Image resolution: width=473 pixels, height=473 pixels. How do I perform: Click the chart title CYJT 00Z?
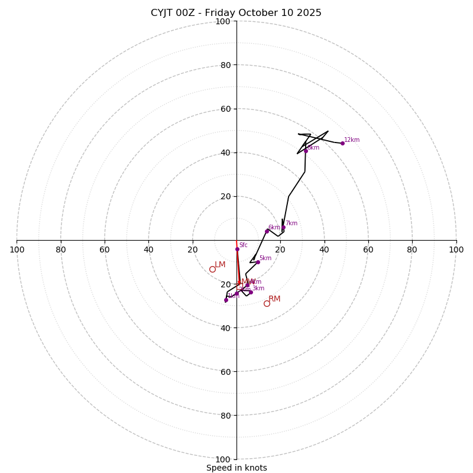pos(236,13)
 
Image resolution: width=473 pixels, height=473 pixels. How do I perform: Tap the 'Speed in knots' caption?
pos(237,468)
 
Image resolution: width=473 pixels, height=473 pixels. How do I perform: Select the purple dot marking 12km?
pos(342,143)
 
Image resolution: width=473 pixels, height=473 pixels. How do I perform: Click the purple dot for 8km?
pos(306,151)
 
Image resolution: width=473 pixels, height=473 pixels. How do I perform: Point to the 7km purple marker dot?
pos(283,227)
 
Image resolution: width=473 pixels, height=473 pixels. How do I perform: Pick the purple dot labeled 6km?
pos(267,231)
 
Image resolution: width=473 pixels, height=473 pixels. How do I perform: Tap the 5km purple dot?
pos(258,262)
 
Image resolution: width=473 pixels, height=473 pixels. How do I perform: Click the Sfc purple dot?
pos(237,249)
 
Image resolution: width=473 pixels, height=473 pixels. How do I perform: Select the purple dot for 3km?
pos(251,292)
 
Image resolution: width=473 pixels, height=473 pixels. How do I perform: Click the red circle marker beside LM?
pos(212,270)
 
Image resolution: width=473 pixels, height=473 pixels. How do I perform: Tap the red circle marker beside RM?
pos(267,303)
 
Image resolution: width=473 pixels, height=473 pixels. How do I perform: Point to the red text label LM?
pos(220,265)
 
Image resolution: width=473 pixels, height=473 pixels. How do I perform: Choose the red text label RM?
pos(274,299)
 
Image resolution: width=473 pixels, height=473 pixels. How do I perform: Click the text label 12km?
pos(352,140)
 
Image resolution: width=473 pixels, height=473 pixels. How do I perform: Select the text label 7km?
pos(291,223)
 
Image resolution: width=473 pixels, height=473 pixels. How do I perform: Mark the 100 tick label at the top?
pos(223,22)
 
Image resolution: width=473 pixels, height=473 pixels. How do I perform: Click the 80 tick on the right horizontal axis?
pos(412,250)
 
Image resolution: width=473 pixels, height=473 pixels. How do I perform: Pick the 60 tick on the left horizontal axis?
pos(105,250)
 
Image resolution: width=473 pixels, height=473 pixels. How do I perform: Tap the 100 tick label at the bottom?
pos(223,459)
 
